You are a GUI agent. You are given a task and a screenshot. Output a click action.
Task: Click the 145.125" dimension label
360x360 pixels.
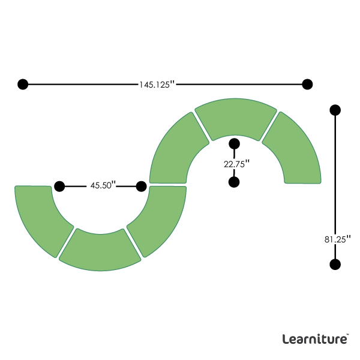point(157,85)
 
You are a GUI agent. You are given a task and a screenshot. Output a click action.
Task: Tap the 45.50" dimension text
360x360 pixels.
point(103,186)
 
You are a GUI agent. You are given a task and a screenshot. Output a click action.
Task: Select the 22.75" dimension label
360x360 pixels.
point(235,163)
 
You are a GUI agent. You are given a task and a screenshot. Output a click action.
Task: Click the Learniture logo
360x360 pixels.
point(315,339)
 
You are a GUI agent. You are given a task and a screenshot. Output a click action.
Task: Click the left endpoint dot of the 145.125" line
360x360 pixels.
point(23,84)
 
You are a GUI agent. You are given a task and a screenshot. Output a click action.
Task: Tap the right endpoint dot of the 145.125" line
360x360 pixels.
point(308,84)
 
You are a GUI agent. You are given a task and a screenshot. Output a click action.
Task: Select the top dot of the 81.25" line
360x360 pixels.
point(335,110)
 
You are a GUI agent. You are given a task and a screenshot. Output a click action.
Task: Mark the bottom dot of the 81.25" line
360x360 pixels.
point(335,264)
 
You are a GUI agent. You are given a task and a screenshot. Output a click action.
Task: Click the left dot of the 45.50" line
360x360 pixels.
point(59,186)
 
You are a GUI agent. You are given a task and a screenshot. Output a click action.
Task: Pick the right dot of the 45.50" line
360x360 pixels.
point(142,186)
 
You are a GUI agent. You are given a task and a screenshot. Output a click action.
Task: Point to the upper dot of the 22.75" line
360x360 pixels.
point(235,143)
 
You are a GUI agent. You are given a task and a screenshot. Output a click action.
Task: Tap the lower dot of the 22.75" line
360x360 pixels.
point(235,182)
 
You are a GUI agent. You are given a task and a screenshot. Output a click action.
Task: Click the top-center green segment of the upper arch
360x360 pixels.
point(236,117)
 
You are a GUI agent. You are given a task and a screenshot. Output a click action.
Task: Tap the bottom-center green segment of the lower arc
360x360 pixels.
point(100,251)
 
